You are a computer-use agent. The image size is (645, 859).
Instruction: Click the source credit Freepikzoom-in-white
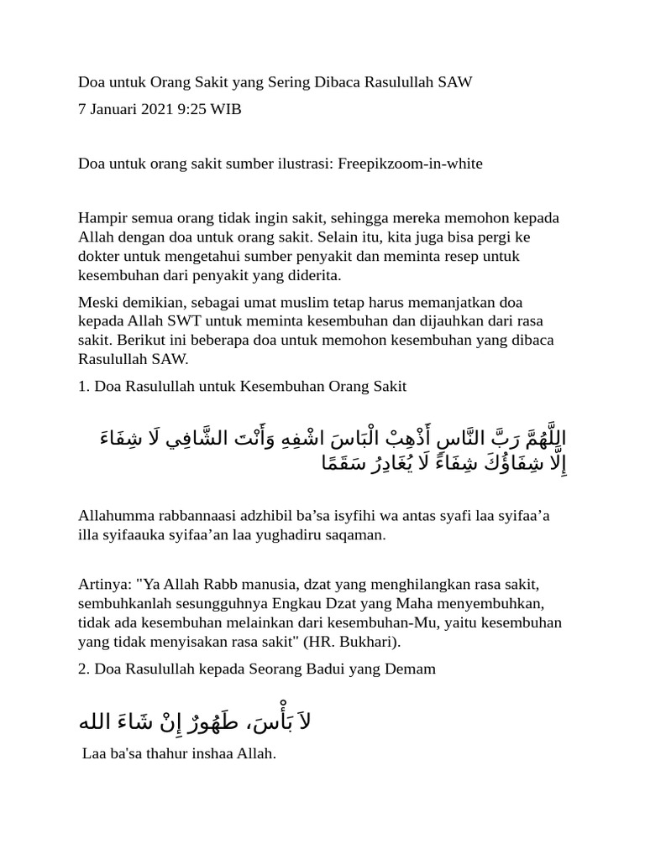click(x=410, y=164)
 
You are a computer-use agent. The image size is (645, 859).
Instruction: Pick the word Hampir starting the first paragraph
click(x=101, y=218)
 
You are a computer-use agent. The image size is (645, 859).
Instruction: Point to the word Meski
click(x=97, y=302)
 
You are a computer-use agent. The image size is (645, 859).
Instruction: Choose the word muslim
click(x=299, y=302)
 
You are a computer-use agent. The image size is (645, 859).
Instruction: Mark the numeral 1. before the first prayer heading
click(x=83, y=387)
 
